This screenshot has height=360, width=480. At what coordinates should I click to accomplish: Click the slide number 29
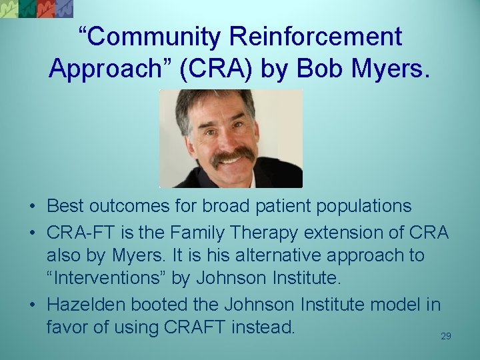pyautogui.click(x=446, y=337)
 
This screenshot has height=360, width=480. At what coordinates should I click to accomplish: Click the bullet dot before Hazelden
pyautogui.click(x=33, y=305)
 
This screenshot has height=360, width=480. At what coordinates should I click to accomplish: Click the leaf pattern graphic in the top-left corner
pyautogui.click(x=37, y=9)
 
